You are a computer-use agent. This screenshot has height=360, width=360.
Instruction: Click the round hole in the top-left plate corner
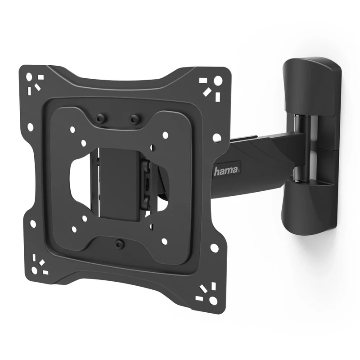point(29,76)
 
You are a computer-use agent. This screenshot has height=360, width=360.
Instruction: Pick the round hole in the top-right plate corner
point(218,81)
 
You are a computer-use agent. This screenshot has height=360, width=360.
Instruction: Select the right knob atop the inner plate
point(134,119)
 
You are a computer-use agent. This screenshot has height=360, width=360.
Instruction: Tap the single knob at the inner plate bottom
point(119,244)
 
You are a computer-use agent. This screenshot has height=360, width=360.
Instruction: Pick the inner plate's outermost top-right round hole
point(165,135)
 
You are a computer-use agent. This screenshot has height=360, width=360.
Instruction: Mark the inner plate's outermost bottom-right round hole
point(164,241)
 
